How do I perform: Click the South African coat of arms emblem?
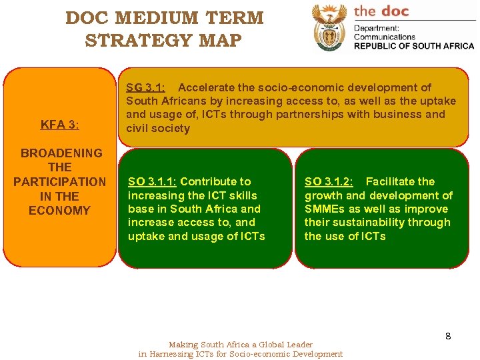tap(330, 27)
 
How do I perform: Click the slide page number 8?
tap(448, 336)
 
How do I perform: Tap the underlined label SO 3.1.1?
tap(152, 181)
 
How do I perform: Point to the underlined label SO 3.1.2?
tap(329, 181)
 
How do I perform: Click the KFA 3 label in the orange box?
tap(59, 124)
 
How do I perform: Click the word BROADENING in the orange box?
tap(61, 153)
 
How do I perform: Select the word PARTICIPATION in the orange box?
tap(59, 181)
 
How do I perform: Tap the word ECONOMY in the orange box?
tap(59, 211)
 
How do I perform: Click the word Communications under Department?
tap(385, 37)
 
